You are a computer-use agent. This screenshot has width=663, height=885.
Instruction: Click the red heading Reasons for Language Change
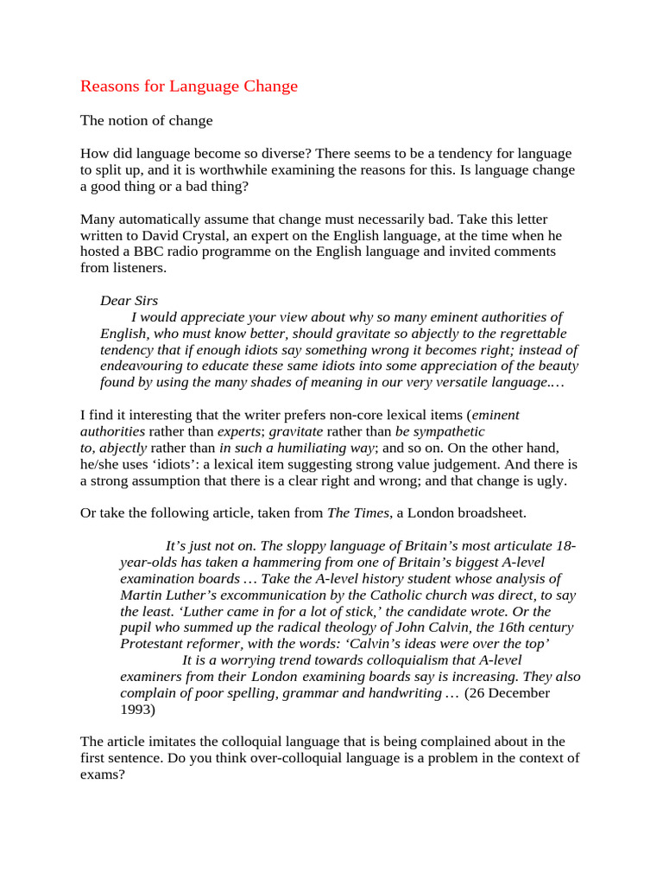pyautogui.click(x=189, y=86)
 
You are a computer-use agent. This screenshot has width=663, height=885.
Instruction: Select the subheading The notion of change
pyautogui.click(x=146, y=120)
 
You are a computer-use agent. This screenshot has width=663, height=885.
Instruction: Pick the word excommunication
pyautogui.click(x=258, y=595)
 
